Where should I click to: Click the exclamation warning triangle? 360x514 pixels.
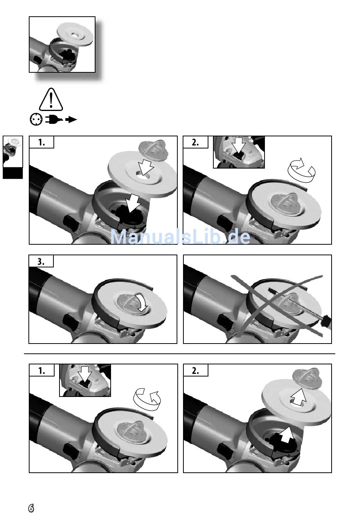click(x=51, y=100)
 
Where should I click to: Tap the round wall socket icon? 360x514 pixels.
click(x=36, y=120)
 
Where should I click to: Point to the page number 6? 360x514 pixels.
click(x=31, y=508)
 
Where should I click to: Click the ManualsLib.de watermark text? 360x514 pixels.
click(x=180, y=237)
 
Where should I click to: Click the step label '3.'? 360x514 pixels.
click(x=41, y=261)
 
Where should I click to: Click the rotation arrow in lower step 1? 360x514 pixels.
click(x=147, y=400)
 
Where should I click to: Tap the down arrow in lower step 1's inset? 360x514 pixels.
click(x=85, y=375)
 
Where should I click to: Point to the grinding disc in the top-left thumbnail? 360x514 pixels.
click(x=75, y=34)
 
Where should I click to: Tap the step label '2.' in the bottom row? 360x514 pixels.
click(x=196, y=371)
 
